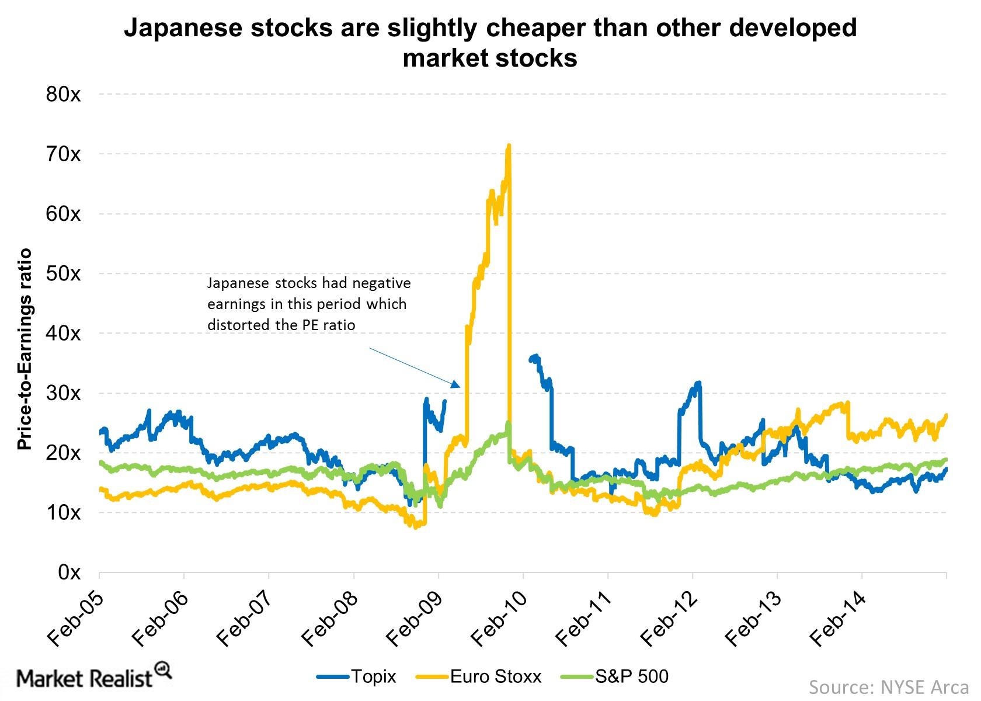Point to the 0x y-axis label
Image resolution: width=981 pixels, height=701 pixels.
(x=69, y=572)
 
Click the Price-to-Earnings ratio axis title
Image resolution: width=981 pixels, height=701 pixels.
(x=24, y=349)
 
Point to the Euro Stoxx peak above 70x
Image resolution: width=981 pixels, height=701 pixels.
(x=509, y=145)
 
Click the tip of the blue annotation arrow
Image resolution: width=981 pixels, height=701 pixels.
(x=459, y=386)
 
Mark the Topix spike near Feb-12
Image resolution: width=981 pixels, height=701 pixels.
(x=698, y=383)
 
